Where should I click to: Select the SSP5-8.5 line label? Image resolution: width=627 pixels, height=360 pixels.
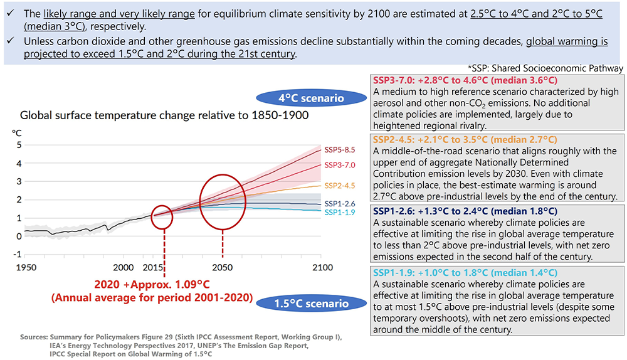point(340,150)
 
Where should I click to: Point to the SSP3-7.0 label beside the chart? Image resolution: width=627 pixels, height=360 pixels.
point(340,165)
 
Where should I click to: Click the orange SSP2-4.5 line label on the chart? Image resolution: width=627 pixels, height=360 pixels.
point(340,185)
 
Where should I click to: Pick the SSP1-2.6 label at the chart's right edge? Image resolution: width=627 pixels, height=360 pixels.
point(340,204)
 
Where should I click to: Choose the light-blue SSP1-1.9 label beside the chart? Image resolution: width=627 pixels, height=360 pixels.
point(340,213)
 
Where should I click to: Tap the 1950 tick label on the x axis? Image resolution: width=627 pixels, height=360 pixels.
point(25,267)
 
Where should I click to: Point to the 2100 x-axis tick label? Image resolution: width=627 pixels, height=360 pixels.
point(321,267)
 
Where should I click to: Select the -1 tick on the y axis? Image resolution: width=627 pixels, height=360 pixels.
point(18,254)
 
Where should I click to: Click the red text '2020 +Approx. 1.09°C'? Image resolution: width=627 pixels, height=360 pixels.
point(164,284)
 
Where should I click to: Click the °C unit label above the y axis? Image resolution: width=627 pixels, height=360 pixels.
point(17,132)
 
